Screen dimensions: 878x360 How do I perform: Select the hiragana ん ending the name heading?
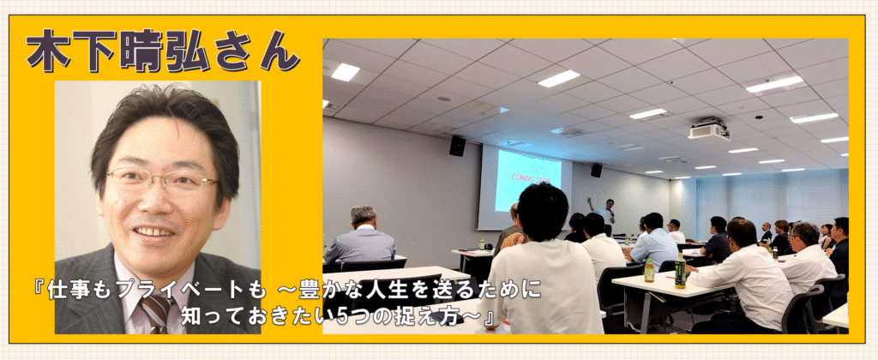click(278, 52)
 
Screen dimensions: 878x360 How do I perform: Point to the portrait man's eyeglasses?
click(160, 180)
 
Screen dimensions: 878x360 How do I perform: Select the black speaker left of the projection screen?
click(457, 146)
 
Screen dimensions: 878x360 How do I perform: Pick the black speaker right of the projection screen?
click(597, 170)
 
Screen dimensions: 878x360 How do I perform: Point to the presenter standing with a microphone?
click(605, 216)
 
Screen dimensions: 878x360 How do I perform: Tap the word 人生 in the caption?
click(411, 292)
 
